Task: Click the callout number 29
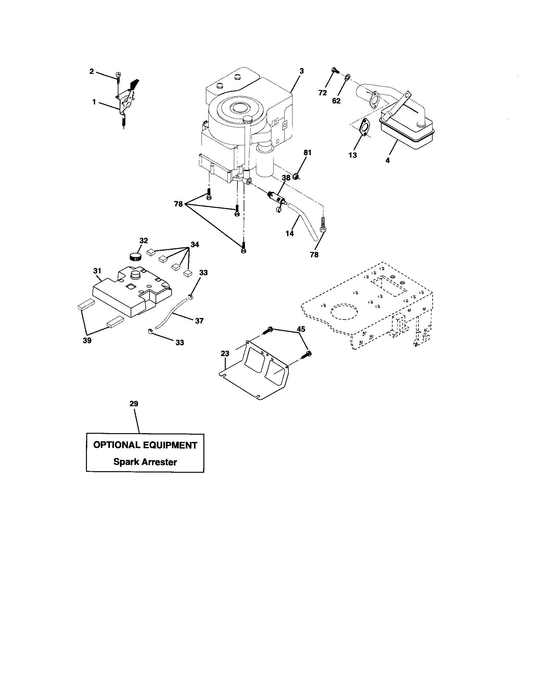click(134, 404)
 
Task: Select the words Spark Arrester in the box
click(145, 462)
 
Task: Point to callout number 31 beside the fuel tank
click(97, 271)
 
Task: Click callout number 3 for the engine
click(302, 71)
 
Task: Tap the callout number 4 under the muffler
click(388, 160)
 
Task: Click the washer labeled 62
click(347, 76)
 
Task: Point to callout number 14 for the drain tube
click(290, 233)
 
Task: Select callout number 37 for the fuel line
click(199, 321)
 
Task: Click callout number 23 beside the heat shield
click(225, 353)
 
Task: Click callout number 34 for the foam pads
click(195, 244)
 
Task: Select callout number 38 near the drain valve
click(286, 178)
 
